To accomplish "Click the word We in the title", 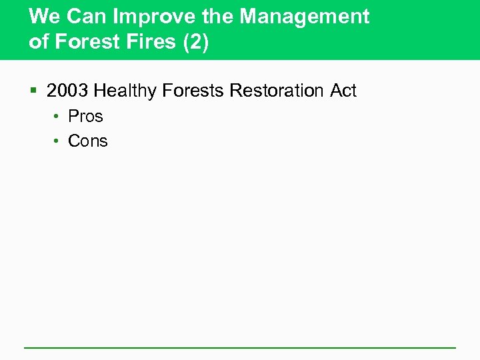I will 44,17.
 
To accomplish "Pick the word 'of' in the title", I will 39,43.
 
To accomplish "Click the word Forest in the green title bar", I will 82,43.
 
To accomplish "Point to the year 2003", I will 67,91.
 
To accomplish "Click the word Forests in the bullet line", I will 192,91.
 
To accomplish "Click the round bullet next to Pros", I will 58,117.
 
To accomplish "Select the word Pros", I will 86,116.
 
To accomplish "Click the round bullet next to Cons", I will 58,141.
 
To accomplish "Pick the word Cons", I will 88,141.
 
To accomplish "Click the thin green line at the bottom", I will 240,347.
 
